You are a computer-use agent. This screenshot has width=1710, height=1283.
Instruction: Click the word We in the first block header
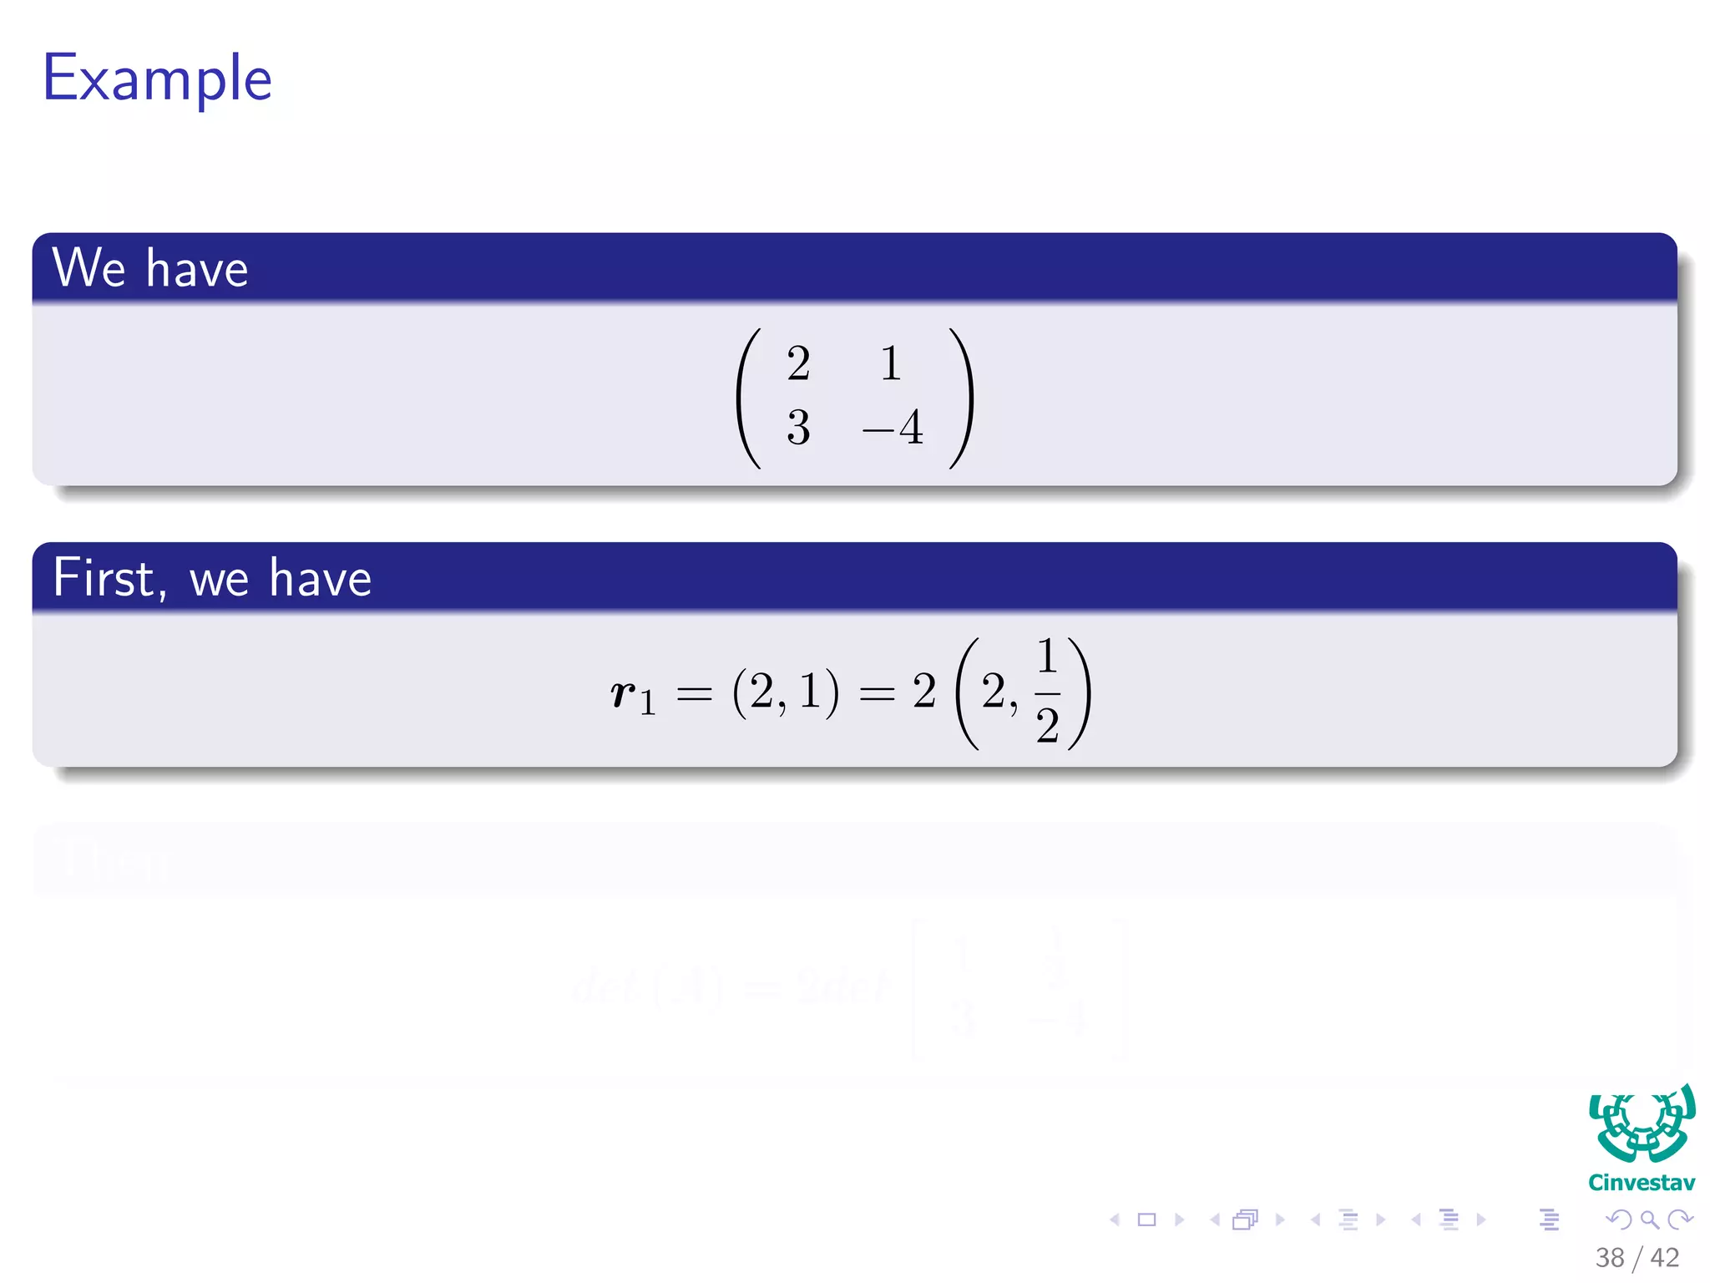point(89,268)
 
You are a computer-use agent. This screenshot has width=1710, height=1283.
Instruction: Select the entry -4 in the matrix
point(893,428)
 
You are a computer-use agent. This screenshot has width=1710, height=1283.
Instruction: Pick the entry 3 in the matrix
point(798,428)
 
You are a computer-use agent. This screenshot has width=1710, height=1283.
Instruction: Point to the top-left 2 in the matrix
point(798,363)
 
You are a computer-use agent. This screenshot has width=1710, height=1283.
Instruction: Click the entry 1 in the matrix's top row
point(891,363)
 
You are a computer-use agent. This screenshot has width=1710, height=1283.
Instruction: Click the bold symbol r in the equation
point(623,692)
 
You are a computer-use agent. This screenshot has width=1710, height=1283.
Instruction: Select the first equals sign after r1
point(694,693)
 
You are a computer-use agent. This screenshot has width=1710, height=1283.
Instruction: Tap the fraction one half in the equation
point(1047,692)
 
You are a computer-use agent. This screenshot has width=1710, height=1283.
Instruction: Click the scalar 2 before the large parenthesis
point(923,692)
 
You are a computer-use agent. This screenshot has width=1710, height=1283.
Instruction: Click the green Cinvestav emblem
point(1642,1124)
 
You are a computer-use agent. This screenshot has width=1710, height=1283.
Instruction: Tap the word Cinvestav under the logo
point(1642,1183)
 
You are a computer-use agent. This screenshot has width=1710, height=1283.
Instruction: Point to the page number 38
point(1610,1258)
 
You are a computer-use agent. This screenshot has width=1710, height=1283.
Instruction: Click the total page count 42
point(1664,1258)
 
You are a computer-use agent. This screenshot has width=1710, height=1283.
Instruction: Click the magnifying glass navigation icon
point(1649,1220)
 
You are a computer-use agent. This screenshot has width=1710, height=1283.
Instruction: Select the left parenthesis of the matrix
point(748,398)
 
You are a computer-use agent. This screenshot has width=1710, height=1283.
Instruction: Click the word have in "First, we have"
point(320,578)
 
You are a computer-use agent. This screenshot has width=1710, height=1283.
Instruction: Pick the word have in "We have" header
point(197,269)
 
